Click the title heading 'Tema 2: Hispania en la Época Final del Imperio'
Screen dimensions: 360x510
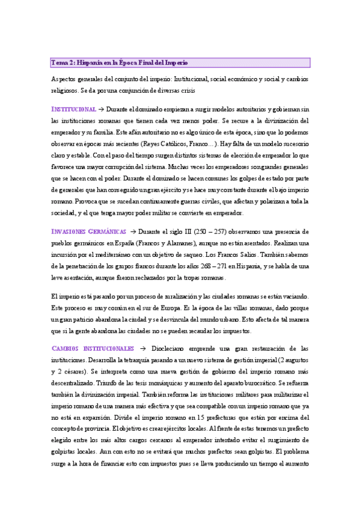click(120, 63)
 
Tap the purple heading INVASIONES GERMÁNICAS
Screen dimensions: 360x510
click(89, 232)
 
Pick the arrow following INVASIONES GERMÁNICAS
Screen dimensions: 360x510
click(133, 232)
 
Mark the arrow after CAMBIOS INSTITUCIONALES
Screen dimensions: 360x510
click(142, 348)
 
